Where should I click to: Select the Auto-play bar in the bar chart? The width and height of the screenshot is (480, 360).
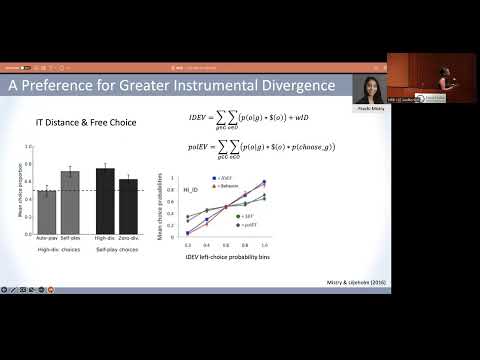click(x=46, y=209)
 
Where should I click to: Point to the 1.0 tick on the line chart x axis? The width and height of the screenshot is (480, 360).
click(x=264, y=243)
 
